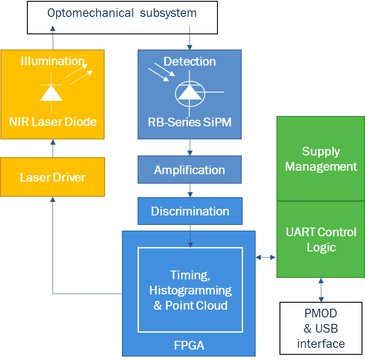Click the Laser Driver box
click(x=53, y=177)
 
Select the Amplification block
click(x=190, y=170)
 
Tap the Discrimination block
click(x=190, y=211)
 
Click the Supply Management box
click(x=321, y=159)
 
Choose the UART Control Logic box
click(x=321, y=239)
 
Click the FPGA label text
click(x=189, y=346)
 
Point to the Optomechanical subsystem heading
click(x=122, y=13)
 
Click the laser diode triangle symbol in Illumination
click(x=51, y=92)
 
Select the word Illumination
click(x=53, y=61)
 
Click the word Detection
click(x=190, y=61)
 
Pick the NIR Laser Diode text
click(x=53, y=122)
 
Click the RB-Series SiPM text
click(x=190, y=122)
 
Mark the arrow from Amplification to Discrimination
click(x=190, y=190)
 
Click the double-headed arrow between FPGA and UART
click(x=266, y=258)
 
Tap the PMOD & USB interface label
click(x=321, y=328)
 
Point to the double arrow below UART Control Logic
click(x=321, y=290)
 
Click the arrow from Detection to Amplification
click(x=190, y=148)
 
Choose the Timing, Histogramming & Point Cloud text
click(x=190, y=290)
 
